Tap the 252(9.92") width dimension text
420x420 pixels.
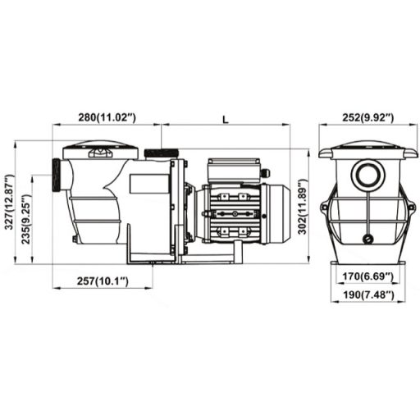367,117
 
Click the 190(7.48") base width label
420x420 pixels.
367,294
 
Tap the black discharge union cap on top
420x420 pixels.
162,153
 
